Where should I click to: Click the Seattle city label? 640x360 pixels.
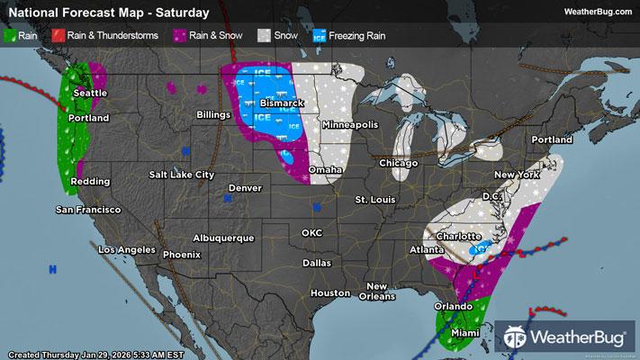coord(90,93)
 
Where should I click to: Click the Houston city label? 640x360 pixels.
coord(329,293)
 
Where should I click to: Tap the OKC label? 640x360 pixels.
coord(311,232)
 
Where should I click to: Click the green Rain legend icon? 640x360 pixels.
coord(12,36)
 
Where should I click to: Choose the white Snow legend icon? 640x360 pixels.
coord(263,36)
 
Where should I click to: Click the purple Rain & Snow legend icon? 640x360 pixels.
coord(182,36)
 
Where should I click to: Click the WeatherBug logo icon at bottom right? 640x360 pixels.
coord(517,337)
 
